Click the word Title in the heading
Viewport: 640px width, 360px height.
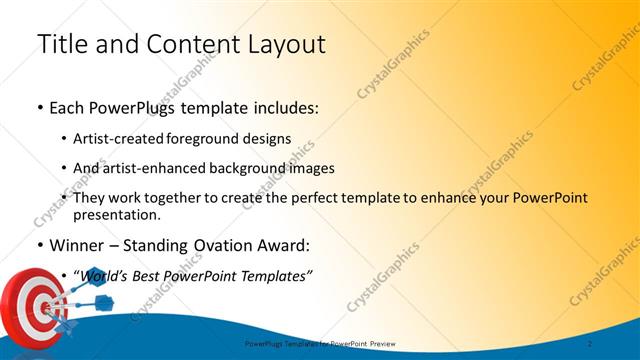point(63,44)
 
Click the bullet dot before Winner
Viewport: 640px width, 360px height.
point(39,245)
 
